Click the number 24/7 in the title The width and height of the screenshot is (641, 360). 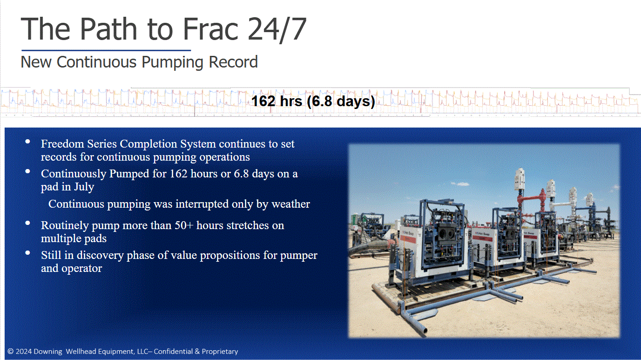[277, 29]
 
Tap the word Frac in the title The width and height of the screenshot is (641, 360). [210, 28]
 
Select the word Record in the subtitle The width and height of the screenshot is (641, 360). [233, 62]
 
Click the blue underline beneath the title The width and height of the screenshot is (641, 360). [106, 50]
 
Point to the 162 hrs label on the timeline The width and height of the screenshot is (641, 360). [277, 101]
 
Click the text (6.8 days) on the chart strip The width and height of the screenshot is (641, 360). [341, 102]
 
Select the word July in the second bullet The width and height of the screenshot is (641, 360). [84, 187]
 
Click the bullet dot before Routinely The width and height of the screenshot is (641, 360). [28, 223]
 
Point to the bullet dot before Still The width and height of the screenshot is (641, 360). [28, 253]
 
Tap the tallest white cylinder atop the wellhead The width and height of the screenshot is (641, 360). [520, 179]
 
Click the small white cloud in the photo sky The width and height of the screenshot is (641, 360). [459, 183]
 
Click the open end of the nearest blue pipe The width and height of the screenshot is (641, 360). [423, 331]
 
